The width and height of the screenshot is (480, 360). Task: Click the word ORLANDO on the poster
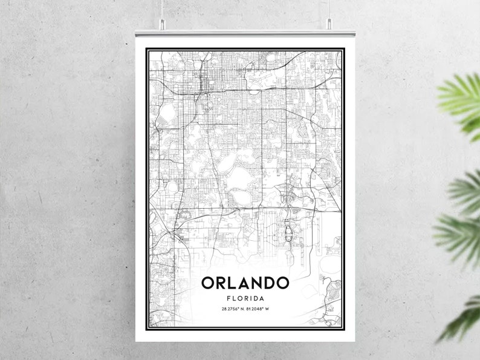point(245,283)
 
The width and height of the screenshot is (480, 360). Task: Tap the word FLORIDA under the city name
point(245,298)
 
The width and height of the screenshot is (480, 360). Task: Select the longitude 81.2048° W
point(261,310)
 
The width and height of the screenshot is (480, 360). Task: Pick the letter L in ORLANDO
point(233,283)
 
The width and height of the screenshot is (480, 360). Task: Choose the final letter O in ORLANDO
point(283,283)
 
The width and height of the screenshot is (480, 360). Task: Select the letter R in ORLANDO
point(221,283)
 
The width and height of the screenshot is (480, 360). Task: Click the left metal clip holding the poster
point(162,24)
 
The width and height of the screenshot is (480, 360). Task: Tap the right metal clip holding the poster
point(329,24)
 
